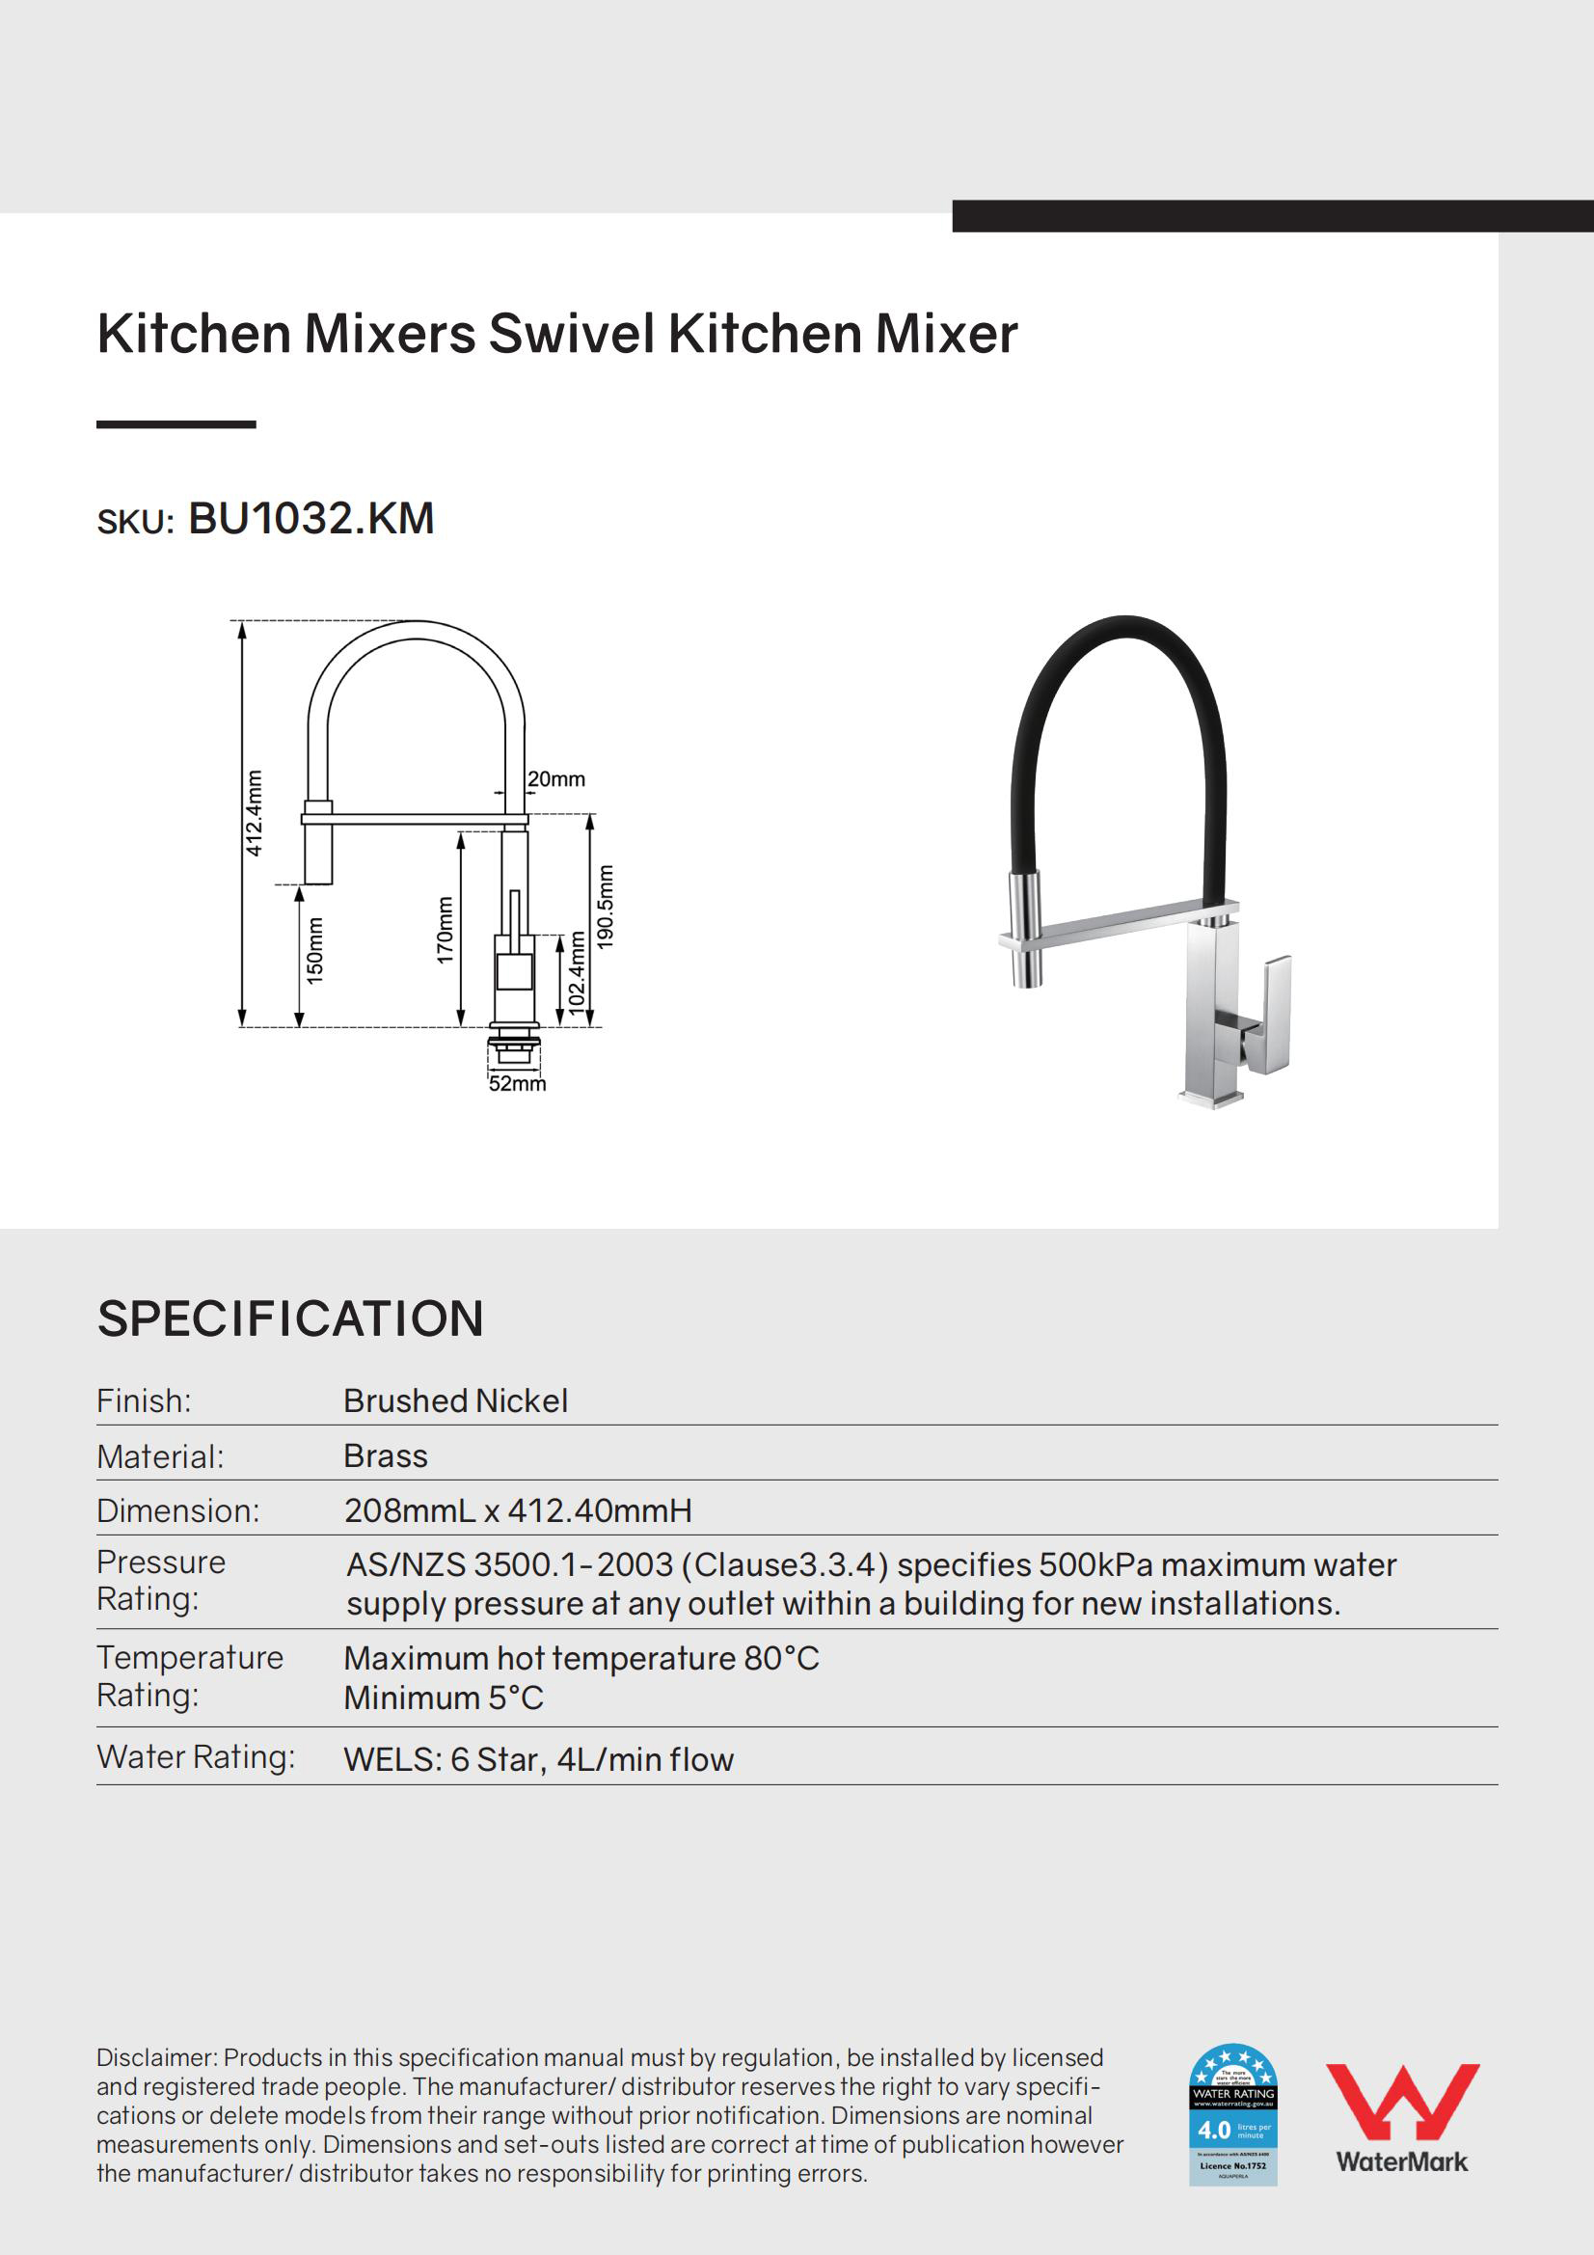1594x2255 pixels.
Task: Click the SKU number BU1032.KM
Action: click(x=311, y=519)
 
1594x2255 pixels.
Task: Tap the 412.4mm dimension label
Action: click(x=255, y=813)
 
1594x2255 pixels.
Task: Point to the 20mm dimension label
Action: click(x=555, y=779)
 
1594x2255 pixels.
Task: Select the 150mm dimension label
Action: click(x=314, y=950)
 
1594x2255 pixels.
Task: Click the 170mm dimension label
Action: click(x=445, y=929)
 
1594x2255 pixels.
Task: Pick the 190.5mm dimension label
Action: click(x=606, y=906)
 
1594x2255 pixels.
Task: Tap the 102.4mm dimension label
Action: click(x=577, y=971)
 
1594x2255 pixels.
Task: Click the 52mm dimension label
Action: click(x=518, y=1084)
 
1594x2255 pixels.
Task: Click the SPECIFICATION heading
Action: click(x=290, y=1318)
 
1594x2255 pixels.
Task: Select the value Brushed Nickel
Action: click(x=456, y=1400)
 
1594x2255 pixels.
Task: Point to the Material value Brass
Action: click(x=386, y=1455)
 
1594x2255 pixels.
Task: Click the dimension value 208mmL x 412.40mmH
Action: click(x=518, y=1510)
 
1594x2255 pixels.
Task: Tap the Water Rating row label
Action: click(x=196, y=1756)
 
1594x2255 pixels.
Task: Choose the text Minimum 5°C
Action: click(x=443, y=1698)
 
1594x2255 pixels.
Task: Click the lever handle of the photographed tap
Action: click(x=1272, y=1012)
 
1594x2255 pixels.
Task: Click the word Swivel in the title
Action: click(x=572, y=334)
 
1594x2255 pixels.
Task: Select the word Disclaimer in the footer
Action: click(x=155, y=2057)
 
